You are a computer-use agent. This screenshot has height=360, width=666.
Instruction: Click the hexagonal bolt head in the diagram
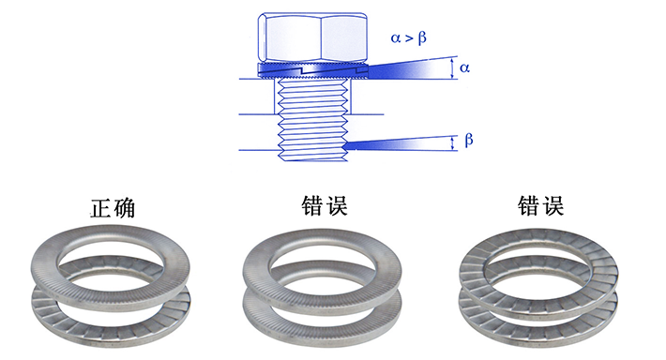point(312,37)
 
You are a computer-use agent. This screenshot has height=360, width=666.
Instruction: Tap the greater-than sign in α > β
point(409,38)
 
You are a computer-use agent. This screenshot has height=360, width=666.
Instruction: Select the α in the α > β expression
point(396,38)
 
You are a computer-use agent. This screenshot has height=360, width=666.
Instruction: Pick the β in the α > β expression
point(422,38)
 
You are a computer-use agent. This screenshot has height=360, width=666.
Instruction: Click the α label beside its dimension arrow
point(464,67)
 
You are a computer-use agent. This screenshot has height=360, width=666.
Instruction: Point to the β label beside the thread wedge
point(469,140)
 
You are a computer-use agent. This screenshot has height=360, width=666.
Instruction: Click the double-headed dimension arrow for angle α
point(453,68)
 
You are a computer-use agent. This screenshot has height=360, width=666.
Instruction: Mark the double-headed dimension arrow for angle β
point(453,143)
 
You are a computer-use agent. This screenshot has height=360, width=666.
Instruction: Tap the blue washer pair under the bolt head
point(312,70)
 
